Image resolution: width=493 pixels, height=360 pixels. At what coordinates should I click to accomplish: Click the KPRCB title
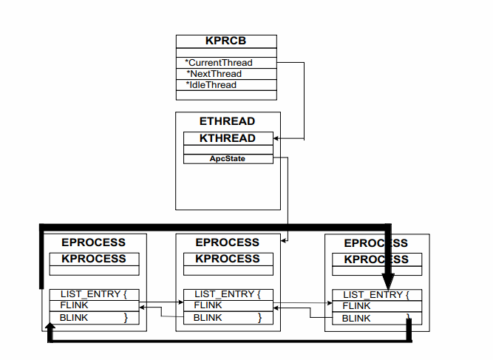[x=225, y=41]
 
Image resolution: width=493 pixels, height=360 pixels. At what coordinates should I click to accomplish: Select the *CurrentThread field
[x=219, y=63]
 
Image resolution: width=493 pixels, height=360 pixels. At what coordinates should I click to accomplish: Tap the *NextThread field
[x=214, y=74]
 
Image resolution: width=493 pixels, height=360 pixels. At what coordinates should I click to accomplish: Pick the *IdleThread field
[x=211, y=85]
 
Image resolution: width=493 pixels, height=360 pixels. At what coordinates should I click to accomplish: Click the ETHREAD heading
[x=227, y=121]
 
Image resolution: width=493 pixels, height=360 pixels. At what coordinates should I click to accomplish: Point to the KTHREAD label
[x=228, y=138]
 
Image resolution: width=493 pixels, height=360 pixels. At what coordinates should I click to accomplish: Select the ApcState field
[x=228, y=158]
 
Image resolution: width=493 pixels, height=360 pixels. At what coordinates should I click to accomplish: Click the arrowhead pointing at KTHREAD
[x=276, y=138]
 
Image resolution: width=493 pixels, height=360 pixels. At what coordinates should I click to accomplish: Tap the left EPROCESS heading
[x=93, y=242]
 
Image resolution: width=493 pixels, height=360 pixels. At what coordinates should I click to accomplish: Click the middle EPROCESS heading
[x=228, y=242]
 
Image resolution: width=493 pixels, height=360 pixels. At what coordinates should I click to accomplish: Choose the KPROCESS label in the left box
[x=94, y=259]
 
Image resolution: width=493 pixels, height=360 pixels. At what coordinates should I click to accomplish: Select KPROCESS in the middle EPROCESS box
[x=228, y=259]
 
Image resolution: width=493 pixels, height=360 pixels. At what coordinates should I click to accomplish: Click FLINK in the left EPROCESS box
[x=74, y=305]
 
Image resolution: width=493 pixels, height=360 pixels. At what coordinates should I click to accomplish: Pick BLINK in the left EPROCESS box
[x=74, y=318]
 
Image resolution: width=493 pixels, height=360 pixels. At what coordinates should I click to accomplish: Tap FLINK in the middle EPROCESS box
[x=208, y=305]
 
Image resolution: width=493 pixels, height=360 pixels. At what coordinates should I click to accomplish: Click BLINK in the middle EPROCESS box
[x=208, y=318]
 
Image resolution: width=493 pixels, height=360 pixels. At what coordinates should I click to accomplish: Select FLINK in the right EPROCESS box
[x=356, y=306]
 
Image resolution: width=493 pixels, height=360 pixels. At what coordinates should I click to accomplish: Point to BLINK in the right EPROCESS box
[x=356, y=319]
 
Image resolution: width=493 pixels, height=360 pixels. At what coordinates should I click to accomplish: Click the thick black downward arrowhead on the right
[x=388, y=282]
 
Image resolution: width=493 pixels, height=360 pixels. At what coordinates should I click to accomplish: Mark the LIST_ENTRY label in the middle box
[x=223, y=294]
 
